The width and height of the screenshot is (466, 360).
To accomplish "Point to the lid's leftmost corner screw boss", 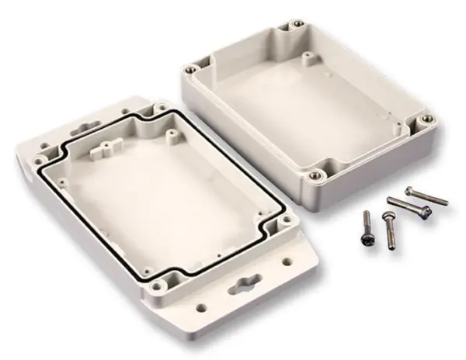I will point(37,161).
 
